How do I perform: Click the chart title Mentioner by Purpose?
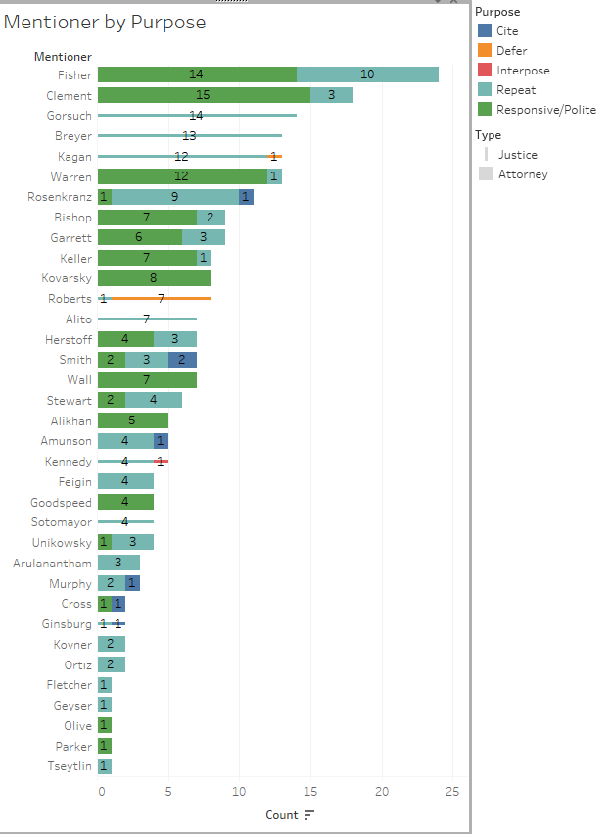coord(105,23)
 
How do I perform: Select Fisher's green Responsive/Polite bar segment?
coord(197,74)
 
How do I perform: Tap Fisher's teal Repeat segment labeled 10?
coord(367,74)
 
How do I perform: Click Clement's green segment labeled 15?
coord(203,95)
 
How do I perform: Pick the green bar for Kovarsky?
coord(154,278)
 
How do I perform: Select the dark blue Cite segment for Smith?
coord(182,360)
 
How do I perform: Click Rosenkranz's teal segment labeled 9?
coord(175,197)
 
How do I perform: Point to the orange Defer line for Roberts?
coord(161,299)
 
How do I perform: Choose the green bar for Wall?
coord(147,380)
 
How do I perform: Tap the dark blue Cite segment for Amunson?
coord(161,441)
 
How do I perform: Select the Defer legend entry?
coord(511,51)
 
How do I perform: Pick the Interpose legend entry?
coord(523,71)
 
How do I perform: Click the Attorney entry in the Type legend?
coord(523,174)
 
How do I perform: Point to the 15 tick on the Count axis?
coord(310,792)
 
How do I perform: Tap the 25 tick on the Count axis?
coord(452,792)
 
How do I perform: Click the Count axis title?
coord(281,815)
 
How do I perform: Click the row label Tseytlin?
coord(70,766)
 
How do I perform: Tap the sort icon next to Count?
coord(309,815)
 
